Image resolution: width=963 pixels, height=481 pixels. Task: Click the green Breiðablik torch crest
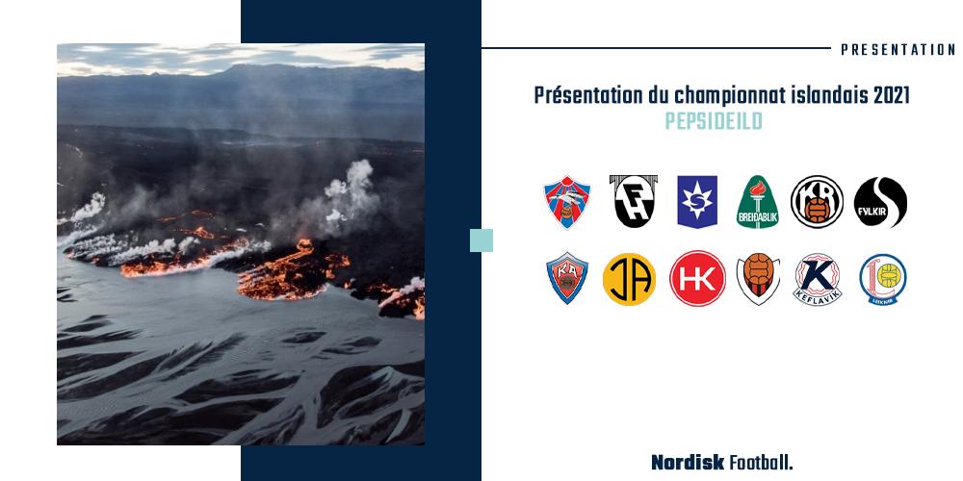coord(757,202)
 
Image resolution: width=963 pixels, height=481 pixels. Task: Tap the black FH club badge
coord(634,201)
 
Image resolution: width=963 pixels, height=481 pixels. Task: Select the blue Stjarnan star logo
coord(697,202)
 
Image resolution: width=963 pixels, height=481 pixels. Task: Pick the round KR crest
coord(817,202)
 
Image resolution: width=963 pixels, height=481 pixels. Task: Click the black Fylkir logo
coord(880,202)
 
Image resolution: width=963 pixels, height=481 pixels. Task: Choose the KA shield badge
coord(567,278)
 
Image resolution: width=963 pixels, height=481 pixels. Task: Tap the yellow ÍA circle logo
coord(629,279)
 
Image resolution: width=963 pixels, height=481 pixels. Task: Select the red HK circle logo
coord(697,279)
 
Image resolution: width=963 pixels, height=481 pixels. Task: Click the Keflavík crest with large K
coord(818,280)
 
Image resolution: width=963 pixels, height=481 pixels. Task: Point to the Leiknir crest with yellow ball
coord(882,279)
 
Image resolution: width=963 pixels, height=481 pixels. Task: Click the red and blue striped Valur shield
coord(567,202)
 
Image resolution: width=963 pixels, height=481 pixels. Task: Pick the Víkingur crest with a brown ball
coord(759,279)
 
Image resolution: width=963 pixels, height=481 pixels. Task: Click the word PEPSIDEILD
coord(713,121)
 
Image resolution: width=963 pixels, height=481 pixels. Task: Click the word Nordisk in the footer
coord(688,462)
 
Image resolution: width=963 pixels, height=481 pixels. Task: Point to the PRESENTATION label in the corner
coord(898,50)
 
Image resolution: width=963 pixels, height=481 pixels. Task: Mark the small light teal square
coord(481,240)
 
